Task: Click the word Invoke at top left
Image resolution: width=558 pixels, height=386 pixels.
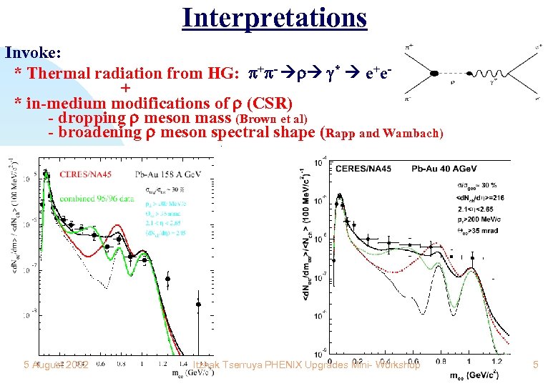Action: [33, 52]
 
